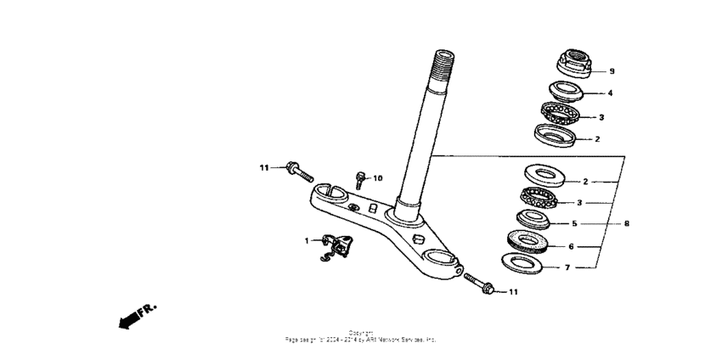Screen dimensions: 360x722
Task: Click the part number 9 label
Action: (x=611, y=71)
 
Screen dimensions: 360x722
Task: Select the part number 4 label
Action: (x=609, y=93)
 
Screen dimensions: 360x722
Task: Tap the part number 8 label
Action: (x=626, y=224)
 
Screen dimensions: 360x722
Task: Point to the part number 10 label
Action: (x=379, y=178)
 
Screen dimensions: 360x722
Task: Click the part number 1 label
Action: (x=307, y=241)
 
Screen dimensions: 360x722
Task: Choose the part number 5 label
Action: (x=574, y=224)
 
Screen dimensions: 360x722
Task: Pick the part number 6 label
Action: (x=571, y=246)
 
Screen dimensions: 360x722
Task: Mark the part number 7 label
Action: (x=568, y=267)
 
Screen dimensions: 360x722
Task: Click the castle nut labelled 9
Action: (x=575, y=64)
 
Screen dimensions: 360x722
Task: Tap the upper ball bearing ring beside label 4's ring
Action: (x=560, y=112)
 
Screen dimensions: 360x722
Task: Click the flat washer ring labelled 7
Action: (x=522, y=262)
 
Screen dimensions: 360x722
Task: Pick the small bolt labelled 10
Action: (x=360, y=179)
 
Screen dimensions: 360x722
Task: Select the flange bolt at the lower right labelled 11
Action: (x=480, y=286)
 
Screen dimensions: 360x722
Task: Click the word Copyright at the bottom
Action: (x=360, y=333)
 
